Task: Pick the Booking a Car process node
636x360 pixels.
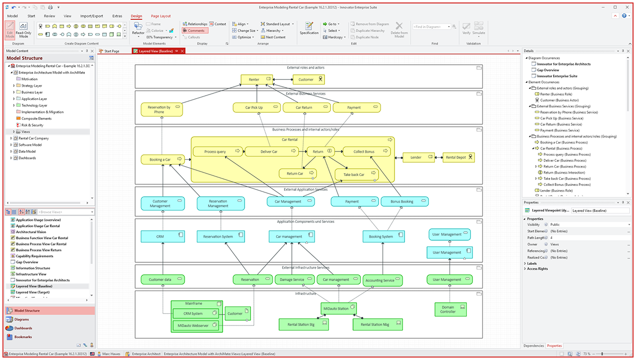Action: (162, 159)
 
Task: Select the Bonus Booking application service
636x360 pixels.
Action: (404, 201)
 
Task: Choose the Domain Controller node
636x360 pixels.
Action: (448, 309)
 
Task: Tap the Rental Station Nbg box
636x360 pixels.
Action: (378, 324)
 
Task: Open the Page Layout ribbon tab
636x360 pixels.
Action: (161, 16)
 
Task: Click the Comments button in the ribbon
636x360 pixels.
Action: (195, 31)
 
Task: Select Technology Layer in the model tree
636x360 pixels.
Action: (34, 106)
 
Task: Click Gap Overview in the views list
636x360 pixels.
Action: (27, 262)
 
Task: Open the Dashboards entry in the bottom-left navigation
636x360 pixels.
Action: (23, 328)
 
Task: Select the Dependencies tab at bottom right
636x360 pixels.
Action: (533, 346)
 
